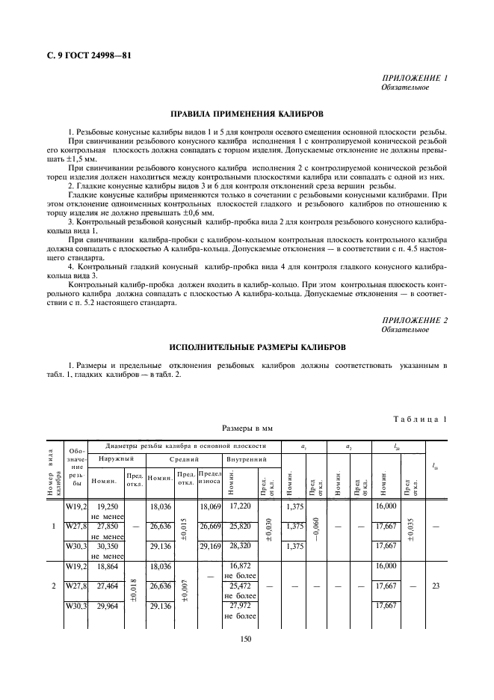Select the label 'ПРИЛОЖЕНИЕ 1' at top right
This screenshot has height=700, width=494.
point(414,79)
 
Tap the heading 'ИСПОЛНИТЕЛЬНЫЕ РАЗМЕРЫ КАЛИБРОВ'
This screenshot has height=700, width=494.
point(247,348)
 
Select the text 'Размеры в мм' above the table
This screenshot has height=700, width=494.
point(247,430)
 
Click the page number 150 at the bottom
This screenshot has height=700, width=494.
point(247,638)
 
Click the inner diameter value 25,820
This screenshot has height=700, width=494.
point(239,526)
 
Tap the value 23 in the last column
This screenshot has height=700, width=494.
point(435,586)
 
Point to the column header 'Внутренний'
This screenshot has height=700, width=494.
point(242,458)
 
